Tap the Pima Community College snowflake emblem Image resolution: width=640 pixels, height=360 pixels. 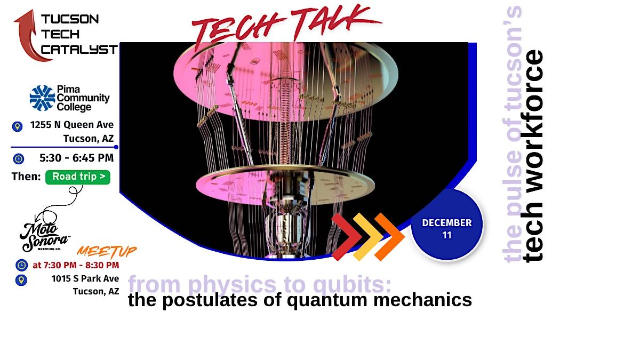[x=42, y=98]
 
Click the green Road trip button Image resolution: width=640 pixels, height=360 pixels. [x=78, y=177]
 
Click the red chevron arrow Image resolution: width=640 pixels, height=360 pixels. [x=344, y=237]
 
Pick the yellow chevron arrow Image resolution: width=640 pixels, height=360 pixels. [x=367, y=237]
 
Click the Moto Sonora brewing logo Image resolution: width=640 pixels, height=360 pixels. [x=45, y=235]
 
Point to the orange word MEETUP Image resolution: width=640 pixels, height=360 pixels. [x=107, y=251]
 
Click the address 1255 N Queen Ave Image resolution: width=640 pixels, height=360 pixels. [x=72, y=125]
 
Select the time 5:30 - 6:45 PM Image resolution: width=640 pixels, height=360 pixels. [x=77, y=158]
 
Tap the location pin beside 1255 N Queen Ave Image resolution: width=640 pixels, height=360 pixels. [x=18, y=126]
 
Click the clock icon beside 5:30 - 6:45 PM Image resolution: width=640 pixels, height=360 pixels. [x=19, y=158]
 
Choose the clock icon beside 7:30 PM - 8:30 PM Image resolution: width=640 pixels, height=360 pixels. [x=21, y=265]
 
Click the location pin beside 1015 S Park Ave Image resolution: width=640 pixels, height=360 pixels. [x=21, y=279]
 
